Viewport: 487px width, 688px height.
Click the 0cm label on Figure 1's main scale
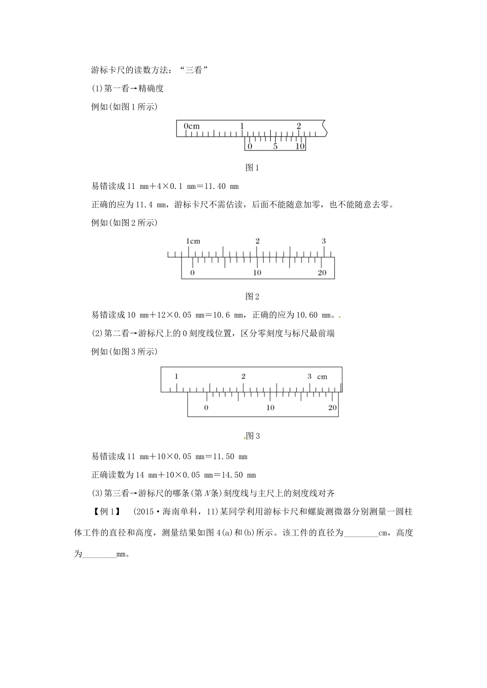point(192,126)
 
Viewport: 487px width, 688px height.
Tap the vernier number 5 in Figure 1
point(275,146)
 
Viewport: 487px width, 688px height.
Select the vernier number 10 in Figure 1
point(300,146)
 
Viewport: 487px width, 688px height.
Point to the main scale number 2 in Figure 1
point(299,125)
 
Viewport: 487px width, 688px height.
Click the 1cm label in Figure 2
point(193,241)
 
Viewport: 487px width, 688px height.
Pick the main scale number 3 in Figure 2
point(323,241)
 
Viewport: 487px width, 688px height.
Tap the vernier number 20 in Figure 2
point(322,273)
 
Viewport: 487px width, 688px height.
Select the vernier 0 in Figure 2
point(192,273)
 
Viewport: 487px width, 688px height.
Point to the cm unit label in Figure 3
point(322,377)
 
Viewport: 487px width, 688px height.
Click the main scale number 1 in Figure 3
point(176,376)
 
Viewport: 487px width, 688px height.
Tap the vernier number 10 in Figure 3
point(270,408)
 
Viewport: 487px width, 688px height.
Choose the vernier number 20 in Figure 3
point(332,408)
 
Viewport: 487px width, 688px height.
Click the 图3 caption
point(253,436)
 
